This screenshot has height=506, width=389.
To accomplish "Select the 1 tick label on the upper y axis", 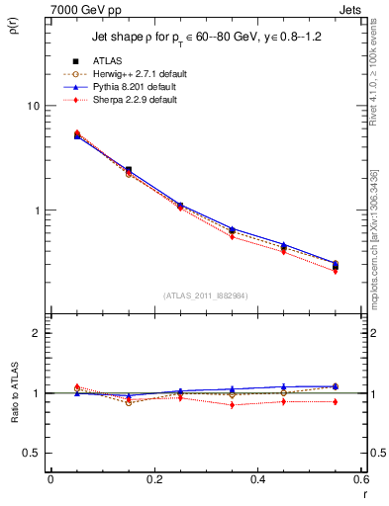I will (39, 211).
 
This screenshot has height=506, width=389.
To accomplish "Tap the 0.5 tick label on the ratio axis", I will (34, 453).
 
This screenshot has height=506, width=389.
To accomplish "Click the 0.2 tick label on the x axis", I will (153, 478).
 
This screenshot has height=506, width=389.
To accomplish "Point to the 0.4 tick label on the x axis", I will (257, 478).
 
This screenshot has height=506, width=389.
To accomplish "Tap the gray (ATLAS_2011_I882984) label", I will (205, 295).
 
